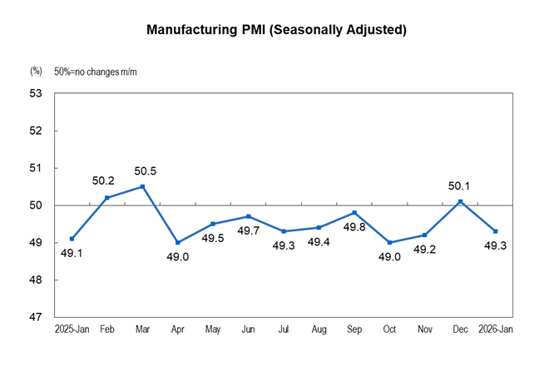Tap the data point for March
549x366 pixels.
pyautogui.click(x=143, y=186)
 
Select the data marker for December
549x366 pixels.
pyautogui.click(x=461, y=201)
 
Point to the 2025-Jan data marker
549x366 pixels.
pyautogui.click(x=72, y=239)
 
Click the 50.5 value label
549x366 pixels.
pyautogui.click(x=146, y=172)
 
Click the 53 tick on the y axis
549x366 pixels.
pyautogui.click(x=37, y=93)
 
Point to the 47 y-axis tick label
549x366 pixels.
pyautogui.click(x=37, y=318)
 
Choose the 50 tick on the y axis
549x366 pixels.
pyautogui.click(x=37, y=205)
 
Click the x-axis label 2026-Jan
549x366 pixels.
pyautogui.click(x=495, y=331)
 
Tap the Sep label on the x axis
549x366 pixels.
pyautogui.click(x=354, y=331)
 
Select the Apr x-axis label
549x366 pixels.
pyautogui.click(x=178, y=331)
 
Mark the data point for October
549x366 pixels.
pyautogui.click(x=390, y=243)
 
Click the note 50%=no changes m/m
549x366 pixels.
pyautogui.click(x=96, y=72)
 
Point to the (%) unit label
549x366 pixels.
pyautogui.click(x=36, y=72)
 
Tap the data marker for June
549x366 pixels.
pyautogui.click(x=249, y=216)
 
